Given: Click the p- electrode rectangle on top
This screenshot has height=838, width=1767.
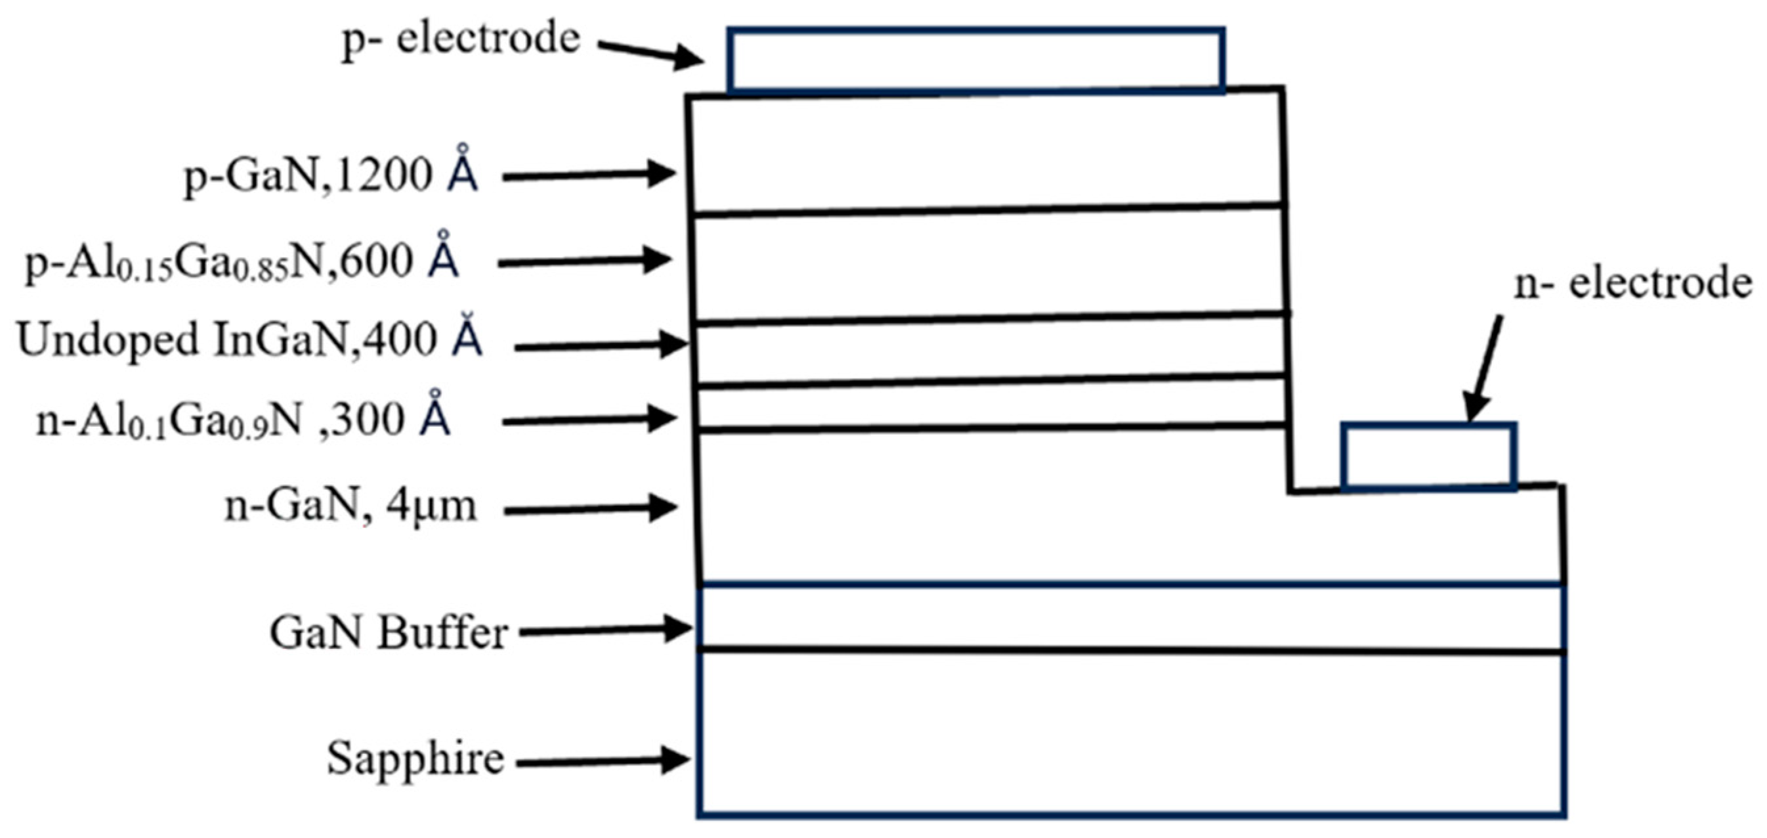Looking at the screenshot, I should pos(975,60).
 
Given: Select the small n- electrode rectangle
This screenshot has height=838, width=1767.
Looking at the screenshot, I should pos(1429,456).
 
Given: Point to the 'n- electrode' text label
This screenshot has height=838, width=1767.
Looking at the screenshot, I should pos(1632,284).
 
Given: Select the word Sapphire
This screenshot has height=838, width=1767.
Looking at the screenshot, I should pos(415,759).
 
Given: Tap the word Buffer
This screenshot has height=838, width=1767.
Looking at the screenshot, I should pos(443,633).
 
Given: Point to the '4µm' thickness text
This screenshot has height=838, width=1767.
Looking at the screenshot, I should pos(431,506).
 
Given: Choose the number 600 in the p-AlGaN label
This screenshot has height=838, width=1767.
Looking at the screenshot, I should pos(377,261).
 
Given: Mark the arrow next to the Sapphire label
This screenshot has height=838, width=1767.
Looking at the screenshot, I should pos(604,761).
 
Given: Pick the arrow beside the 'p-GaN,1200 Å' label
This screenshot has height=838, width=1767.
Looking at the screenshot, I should pos(590,175).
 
